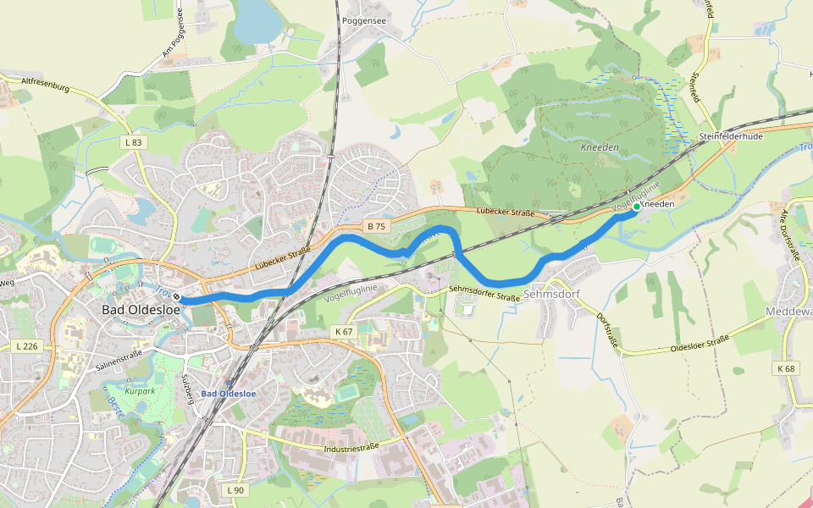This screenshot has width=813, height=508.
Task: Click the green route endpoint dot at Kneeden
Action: (636, 207)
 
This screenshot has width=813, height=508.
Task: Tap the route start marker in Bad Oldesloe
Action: (180, 299)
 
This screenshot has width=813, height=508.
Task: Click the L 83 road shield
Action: (133, 142)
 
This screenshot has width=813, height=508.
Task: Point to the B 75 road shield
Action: (377, 226)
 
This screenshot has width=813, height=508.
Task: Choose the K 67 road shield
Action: (343, 331)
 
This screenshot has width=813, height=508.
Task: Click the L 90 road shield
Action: (235, 490)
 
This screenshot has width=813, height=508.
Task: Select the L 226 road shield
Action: (28, 345)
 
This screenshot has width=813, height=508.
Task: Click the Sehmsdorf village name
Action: (552, 294)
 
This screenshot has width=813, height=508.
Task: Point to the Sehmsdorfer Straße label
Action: (484, 293)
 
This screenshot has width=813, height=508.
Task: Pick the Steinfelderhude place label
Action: (731, 136)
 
